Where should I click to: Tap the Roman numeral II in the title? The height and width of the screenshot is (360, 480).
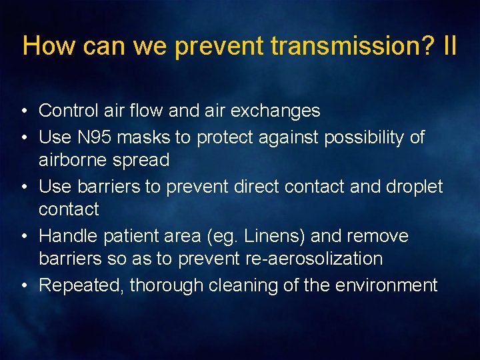pos(449,46)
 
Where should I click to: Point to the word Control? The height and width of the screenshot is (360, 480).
pos(67,111)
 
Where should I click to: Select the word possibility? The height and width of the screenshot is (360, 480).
pos(365,137)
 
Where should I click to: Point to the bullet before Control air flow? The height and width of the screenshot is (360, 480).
pos(23,111)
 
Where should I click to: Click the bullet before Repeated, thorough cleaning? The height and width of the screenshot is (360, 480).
pos(23,286)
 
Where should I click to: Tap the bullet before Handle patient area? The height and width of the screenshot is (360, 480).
pos(23,237)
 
